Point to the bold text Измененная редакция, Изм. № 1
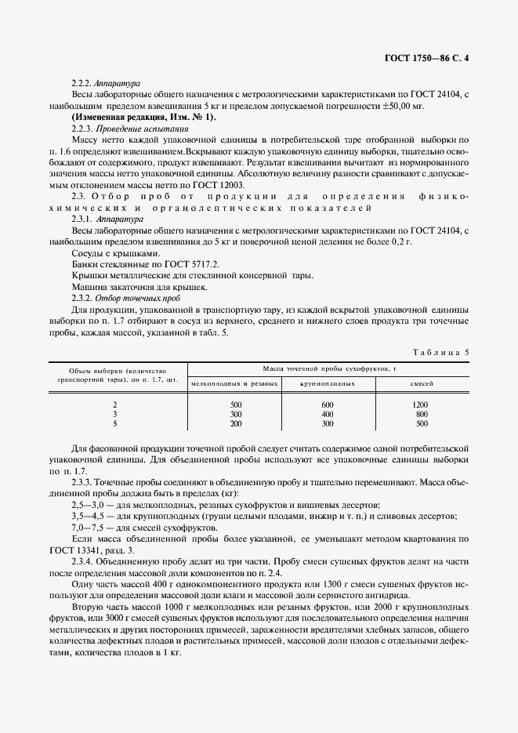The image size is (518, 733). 143,117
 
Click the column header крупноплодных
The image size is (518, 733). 328,384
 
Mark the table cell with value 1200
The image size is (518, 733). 421,404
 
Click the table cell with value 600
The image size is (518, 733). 328,404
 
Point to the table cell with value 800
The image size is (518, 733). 422,413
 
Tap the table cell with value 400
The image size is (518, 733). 328,413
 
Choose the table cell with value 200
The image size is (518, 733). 236,423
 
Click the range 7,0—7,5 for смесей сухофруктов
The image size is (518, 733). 87,528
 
